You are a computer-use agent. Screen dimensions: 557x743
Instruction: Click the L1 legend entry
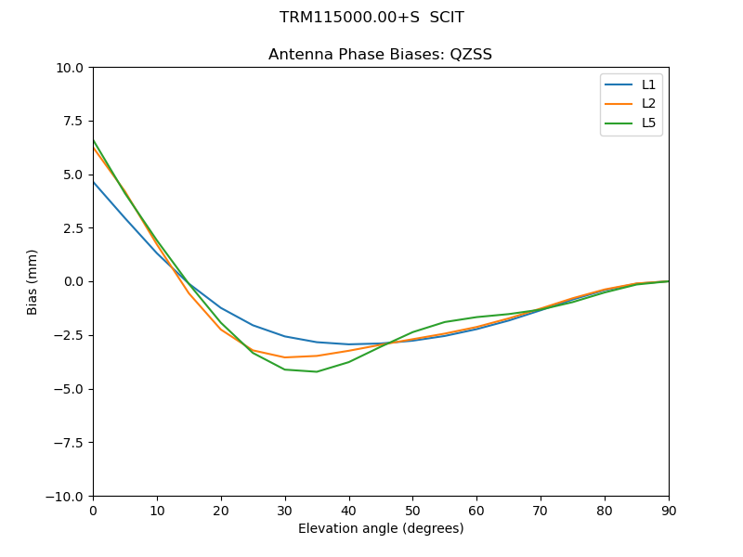pyautogui.click(x=648, y=84)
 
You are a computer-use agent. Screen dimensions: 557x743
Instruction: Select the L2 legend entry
pyautogui.click(x=648, y=104)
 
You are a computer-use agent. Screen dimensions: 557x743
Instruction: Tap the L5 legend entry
pyautogui.click(x=648, y=123)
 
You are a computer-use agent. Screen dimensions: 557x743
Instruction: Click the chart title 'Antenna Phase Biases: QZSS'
pyautogui.click(x=380, y=55)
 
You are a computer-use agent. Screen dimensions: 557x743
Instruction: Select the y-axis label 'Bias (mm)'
pyautogui.click(x=33, y=281)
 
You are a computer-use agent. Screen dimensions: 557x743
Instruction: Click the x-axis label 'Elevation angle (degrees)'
pyautogui.click(x=381, y=529)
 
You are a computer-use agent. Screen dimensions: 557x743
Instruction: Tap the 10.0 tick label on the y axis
pyautogui.click(x=69, y=68)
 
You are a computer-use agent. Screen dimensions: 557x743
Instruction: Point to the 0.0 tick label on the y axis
pyautogui.click(x=72, y=282)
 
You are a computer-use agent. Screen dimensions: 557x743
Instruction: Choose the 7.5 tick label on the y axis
pyautogui.click(x=72, y=121)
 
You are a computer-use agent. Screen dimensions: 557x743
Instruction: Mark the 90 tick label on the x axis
pyautogui.click(x=669, y=511)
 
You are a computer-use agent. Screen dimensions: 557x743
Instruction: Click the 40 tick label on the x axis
pyautogui.click(x=349, y=511)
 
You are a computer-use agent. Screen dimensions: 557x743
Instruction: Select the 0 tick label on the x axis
pyautogui.click(x=93, y=511)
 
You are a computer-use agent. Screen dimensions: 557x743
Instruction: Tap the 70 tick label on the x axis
pyautogui.click(x=541, y=511)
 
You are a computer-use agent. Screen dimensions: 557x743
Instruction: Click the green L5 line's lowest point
pyautogui.click(x=317, y=371)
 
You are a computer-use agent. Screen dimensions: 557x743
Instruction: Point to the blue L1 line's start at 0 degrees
pyautogui.click(x=93, y=181)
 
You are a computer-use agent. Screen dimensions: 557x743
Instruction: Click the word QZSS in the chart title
pyautogui.click(x=470, y=55)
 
